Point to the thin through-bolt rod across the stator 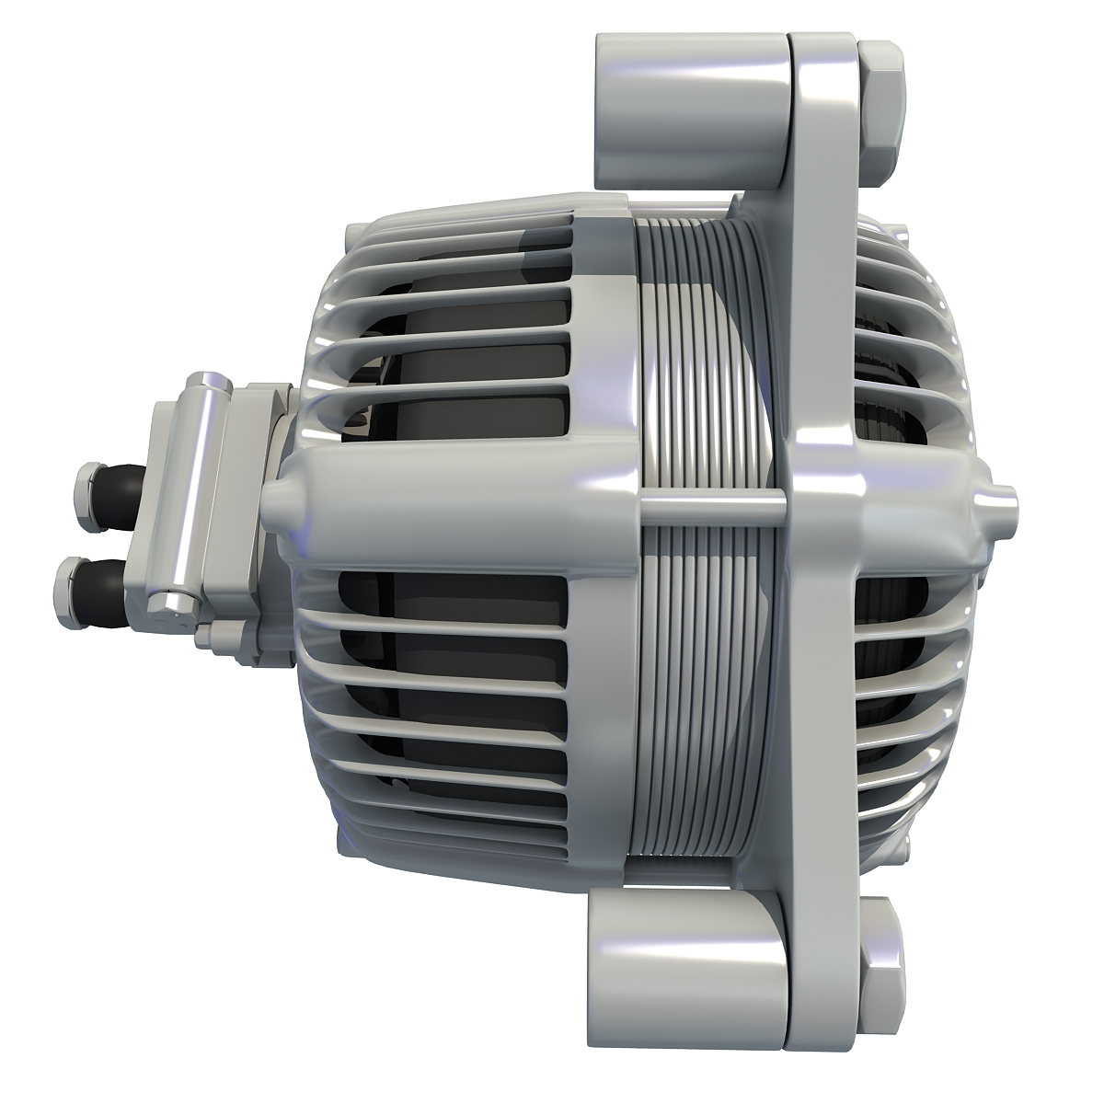point(708,503)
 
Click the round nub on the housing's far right point(1007,501)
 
